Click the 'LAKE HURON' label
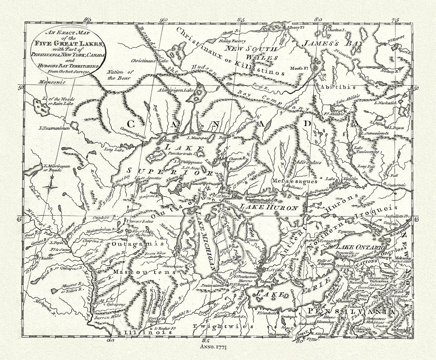tap(273, 208)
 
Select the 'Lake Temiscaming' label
tap(366, 152)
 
